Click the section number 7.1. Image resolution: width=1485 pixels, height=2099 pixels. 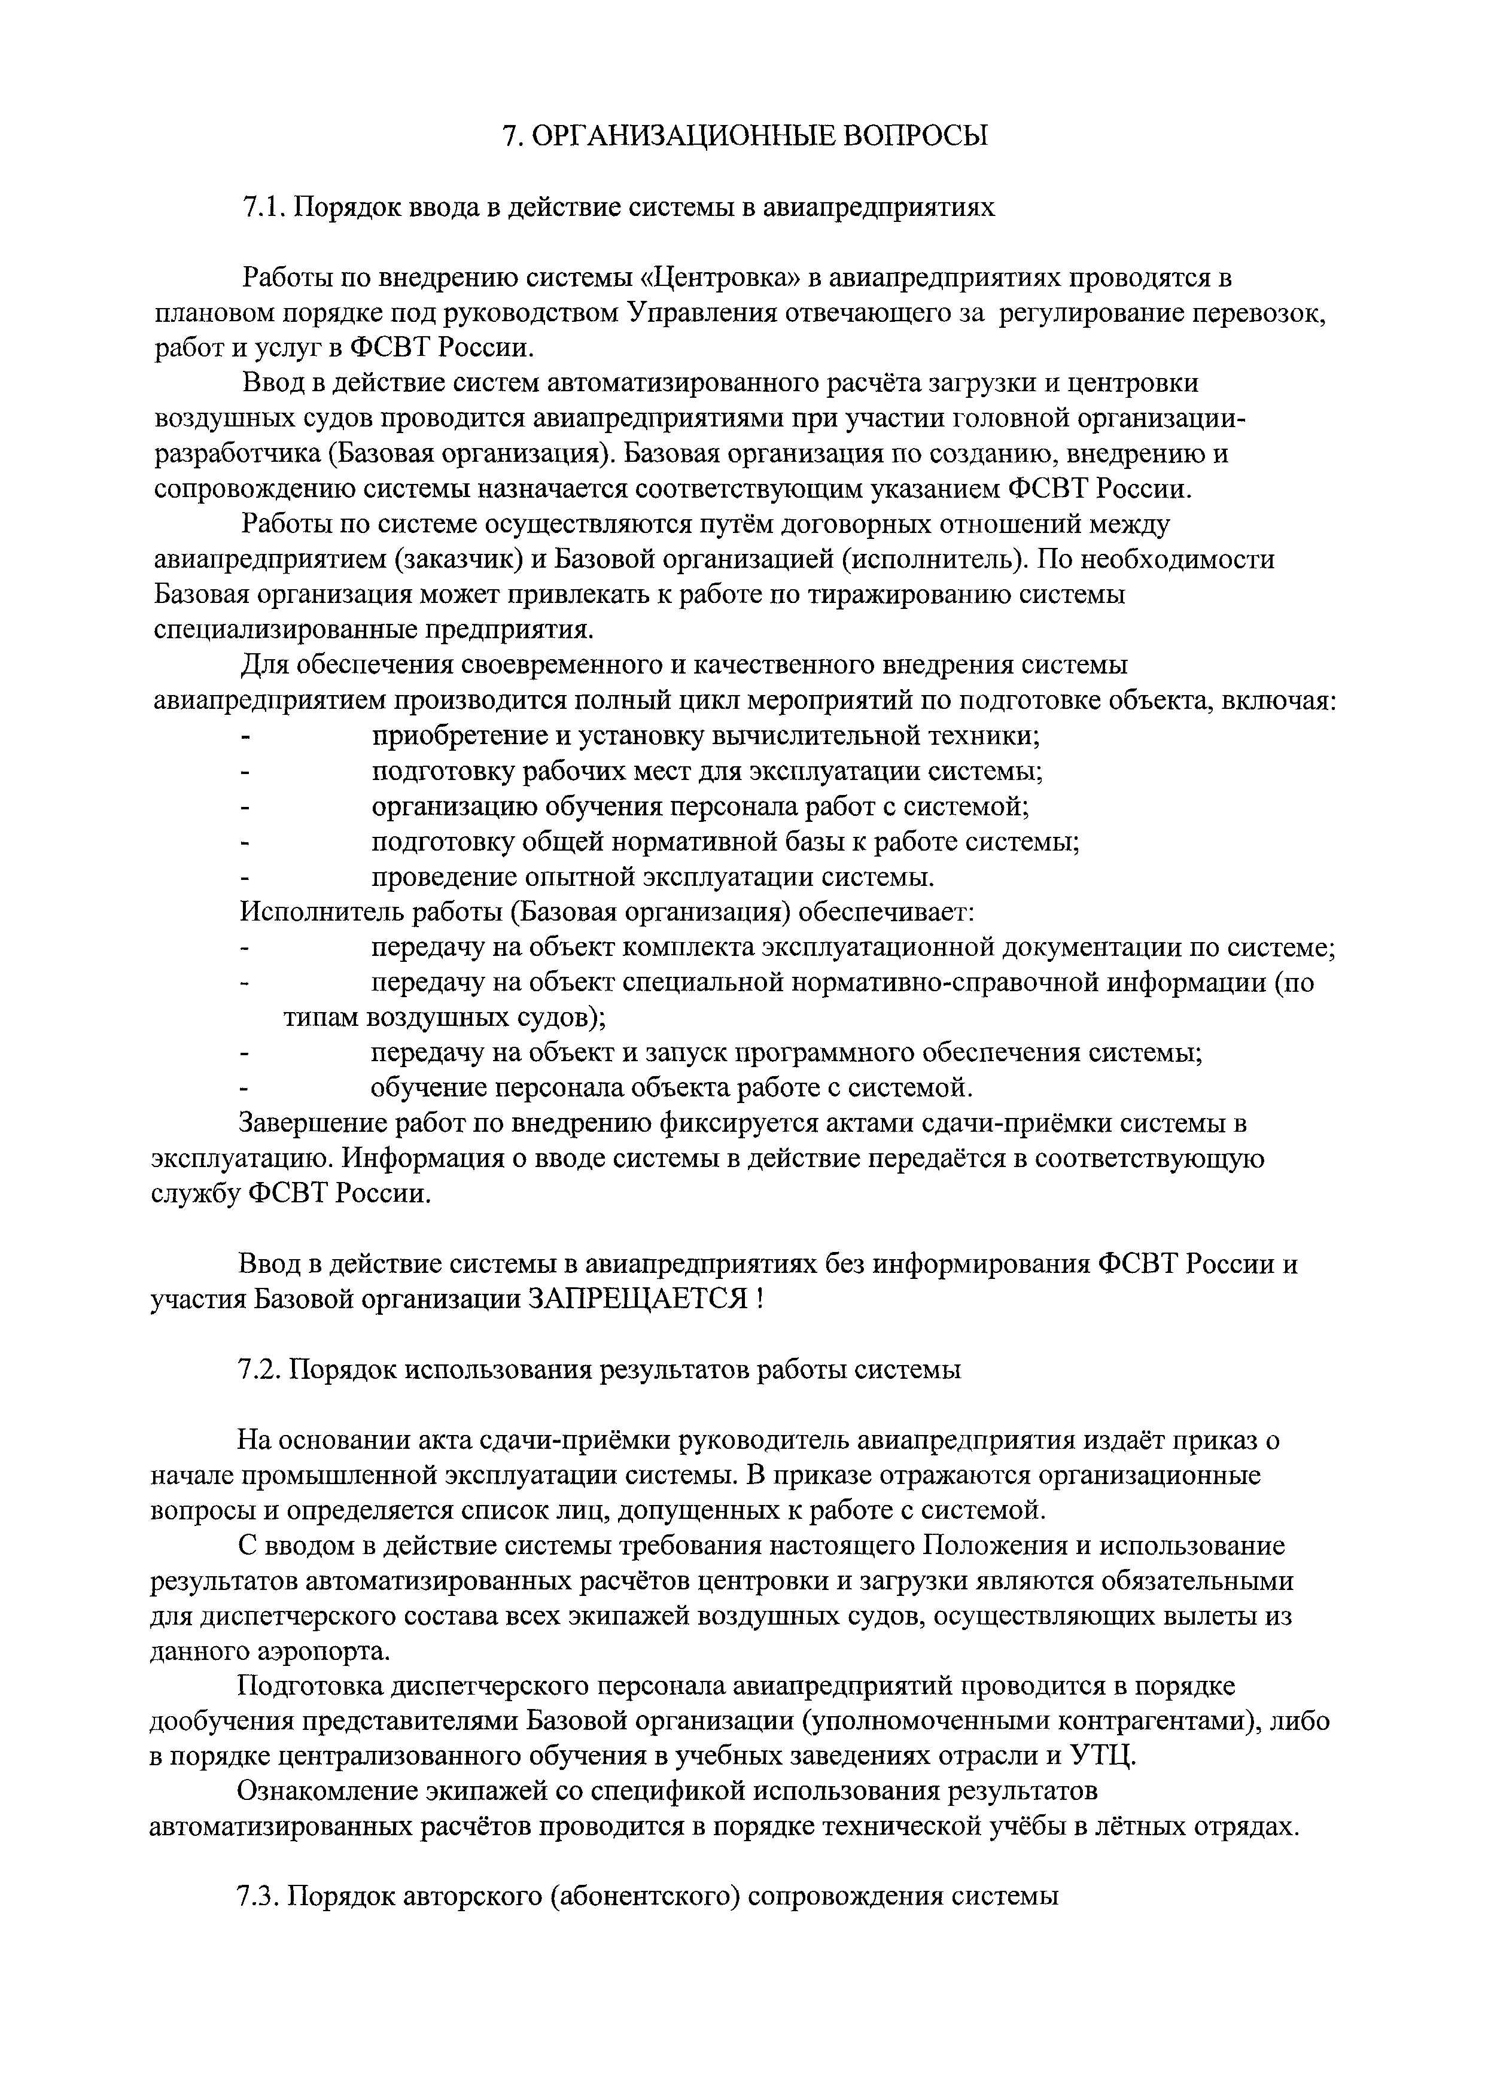pos(263,208)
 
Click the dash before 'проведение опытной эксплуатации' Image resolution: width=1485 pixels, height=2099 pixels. pos(244,878)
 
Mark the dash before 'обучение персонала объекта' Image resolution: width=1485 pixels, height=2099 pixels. pos(244,1089)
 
